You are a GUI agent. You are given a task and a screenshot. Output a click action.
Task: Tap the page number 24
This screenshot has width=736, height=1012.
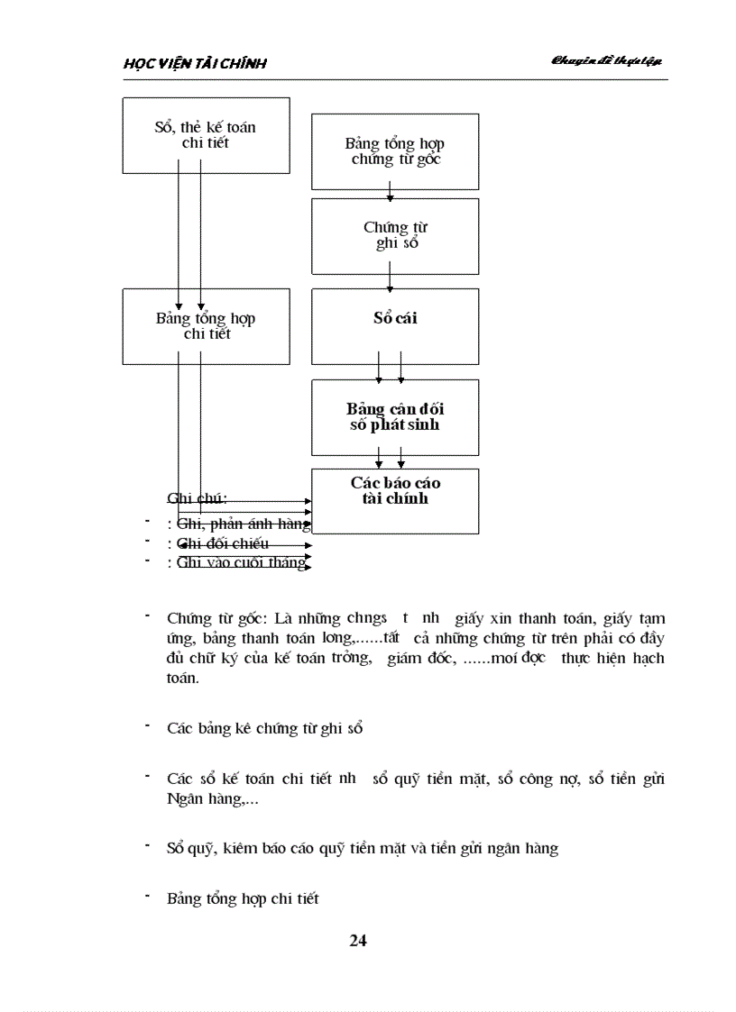[x=358, y=941]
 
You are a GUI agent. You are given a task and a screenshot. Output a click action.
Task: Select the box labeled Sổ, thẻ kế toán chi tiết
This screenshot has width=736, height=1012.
[x=206, y=135]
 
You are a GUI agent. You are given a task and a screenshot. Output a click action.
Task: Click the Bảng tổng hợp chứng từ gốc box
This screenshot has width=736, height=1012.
[x=395, y=151]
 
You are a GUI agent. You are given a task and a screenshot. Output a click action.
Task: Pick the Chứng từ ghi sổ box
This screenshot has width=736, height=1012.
[x=395, y=236]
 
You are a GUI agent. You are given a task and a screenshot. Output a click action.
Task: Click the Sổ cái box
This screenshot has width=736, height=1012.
[x=395, y=325]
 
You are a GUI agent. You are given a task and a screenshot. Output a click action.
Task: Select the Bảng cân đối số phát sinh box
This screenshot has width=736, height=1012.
[x=395, y=417]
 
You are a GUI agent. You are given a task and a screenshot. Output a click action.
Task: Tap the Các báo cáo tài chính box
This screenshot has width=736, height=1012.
[x=395, y=500]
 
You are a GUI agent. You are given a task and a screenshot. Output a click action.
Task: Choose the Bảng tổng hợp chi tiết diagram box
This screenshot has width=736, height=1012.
[x=206, y=326]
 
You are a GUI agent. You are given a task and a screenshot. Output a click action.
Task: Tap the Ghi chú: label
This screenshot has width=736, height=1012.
[x=197, y=498]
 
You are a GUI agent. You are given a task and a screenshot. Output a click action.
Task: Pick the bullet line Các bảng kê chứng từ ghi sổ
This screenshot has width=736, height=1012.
[x=264, y=728]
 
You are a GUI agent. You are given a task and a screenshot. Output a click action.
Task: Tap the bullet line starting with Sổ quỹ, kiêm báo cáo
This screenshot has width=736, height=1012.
[x=362, y=849]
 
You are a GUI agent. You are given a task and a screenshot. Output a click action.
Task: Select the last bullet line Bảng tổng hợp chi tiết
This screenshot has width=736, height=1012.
[x=243, y=898]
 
